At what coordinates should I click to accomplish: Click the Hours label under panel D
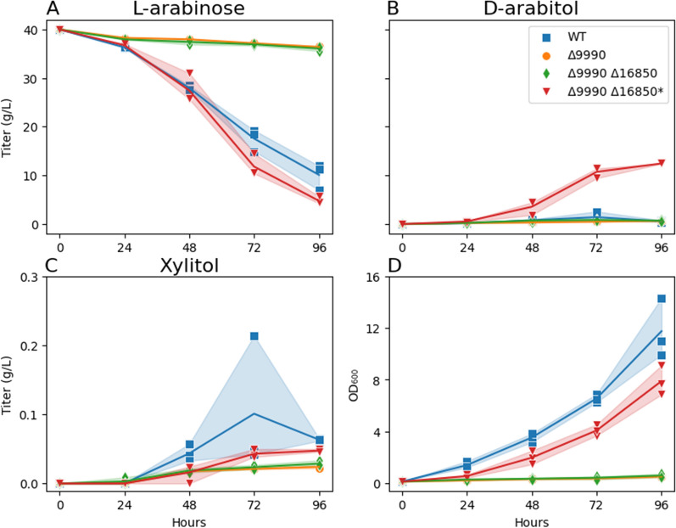(532, 519)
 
